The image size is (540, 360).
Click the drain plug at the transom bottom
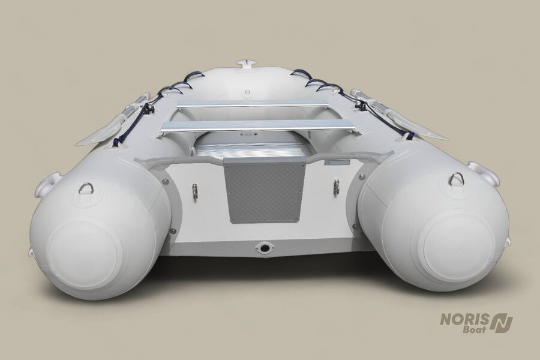tap(265, 248)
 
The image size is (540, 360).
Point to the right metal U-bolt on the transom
tap(334, 187)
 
